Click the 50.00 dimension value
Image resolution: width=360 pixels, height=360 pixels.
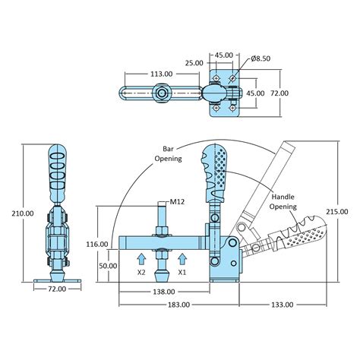[108, 266]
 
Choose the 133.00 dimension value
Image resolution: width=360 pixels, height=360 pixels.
[280, 305]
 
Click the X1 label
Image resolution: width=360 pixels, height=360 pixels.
[182, 270]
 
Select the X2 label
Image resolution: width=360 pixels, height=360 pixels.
[142, 270]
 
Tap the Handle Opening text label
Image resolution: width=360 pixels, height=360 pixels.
[286, 201]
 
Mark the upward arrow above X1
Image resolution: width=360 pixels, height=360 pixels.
[182, 256]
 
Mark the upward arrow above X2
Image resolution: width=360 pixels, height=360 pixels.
[142, 256]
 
